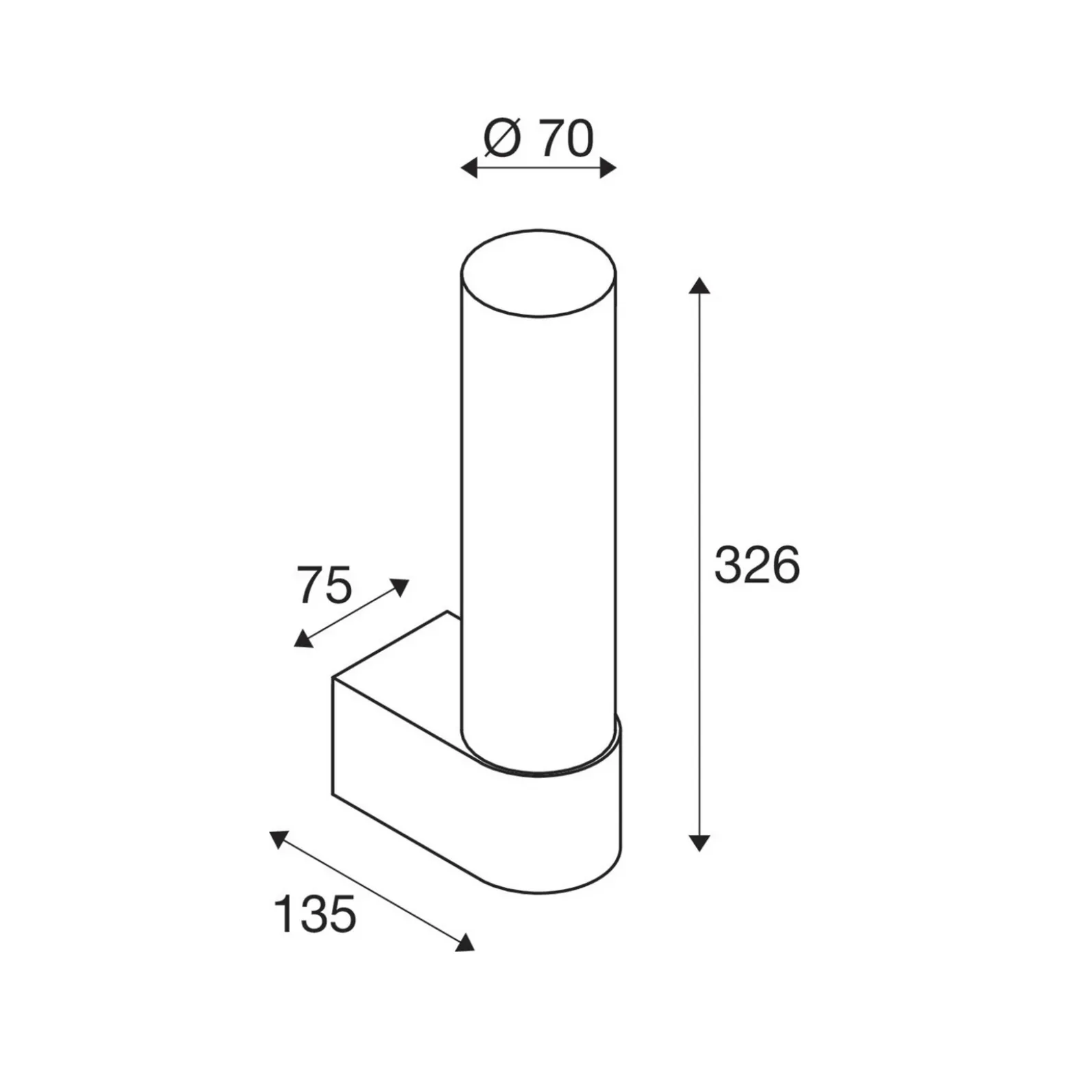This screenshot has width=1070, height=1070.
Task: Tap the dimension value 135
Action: [315, 914]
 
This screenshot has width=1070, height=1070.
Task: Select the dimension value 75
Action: [324, 585]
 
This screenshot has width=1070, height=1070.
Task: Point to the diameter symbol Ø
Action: [503, 139]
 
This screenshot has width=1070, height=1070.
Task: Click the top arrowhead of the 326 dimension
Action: [699, 285]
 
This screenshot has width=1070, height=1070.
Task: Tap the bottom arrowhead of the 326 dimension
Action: [699, 842]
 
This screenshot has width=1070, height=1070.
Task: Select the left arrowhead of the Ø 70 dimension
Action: [468, 167]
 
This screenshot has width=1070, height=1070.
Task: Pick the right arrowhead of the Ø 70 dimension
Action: [608, 167]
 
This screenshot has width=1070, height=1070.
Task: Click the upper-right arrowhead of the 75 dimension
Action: [400, 587]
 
